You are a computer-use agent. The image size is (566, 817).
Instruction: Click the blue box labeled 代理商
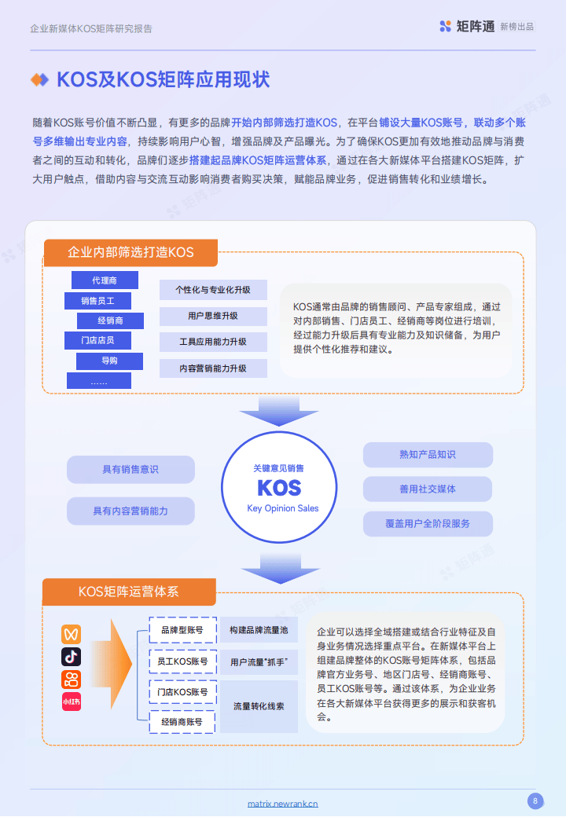(105, 280)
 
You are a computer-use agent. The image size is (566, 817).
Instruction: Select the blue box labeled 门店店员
(97, 340)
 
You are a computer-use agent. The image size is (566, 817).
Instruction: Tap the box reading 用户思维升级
(213, 316)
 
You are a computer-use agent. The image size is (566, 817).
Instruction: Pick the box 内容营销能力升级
(213, 368)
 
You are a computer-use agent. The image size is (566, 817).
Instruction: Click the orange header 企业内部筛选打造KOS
(130, 253)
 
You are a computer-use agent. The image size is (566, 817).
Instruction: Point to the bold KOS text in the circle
(279, 488)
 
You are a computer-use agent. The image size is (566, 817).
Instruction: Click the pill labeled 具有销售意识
(130, 470)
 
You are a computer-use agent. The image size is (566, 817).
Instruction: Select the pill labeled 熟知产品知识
(428, 455)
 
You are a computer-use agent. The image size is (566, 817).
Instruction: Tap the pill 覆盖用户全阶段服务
(428, 524)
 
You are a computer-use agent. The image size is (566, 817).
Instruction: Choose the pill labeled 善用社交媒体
(428, 489)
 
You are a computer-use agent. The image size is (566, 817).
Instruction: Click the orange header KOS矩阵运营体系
(129, 592)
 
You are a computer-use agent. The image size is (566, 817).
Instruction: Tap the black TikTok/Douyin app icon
(72, 657)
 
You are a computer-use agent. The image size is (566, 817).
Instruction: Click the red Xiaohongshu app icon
(72, 702)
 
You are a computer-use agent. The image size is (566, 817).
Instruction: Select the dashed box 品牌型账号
(182, 630)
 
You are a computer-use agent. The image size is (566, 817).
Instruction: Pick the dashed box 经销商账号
(182, 722)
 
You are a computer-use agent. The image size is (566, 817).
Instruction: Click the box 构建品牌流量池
(259, 630)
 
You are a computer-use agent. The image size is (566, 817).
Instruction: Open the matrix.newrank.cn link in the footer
(282, 804)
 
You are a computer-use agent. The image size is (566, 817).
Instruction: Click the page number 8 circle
(535, 801)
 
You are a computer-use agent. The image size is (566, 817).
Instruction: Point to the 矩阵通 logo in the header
(467, 27)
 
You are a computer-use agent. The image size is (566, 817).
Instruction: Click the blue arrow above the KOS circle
(279, 411)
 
